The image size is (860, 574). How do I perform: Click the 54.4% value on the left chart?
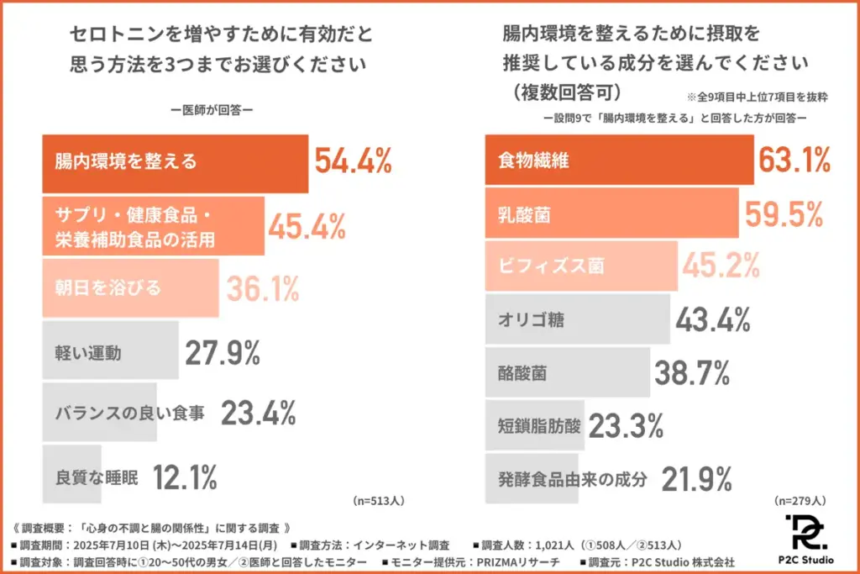pyautogui.click(x=354, y=160)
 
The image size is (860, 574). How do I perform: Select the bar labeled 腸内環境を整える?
pyautogui.click(x=175, y=161)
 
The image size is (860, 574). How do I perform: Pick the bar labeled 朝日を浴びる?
pyautogui.click(x=130, y=287)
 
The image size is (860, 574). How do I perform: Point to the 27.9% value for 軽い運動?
pyautogui.click(x=223, y=353)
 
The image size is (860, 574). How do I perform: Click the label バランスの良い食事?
pyautogui.click(x=129, y=413)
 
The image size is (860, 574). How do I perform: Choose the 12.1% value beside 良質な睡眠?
pyautogui.click(x=185, y=477)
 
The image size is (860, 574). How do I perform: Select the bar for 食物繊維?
pyautogui.click(x=620, y=160)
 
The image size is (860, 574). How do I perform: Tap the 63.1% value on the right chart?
pyautogui.click(x=794, y=159)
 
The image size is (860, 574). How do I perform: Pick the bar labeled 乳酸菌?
pyautogui.click(x=612, y=215)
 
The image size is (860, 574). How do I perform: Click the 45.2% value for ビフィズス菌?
pyautogui.click(x=721, y=266)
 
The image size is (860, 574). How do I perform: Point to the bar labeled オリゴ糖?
pyautogui.click(x=578, y=319)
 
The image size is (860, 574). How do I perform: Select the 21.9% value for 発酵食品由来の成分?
pyautogui.click(x=697, y=478)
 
